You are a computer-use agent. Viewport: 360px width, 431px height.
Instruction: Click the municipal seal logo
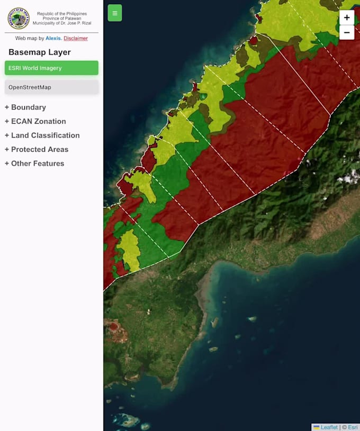click(x=19, y=19)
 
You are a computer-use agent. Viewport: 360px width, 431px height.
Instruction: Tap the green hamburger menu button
click(x=115, y=13)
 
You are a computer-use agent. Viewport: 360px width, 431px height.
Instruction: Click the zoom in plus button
click(x=347, y=17)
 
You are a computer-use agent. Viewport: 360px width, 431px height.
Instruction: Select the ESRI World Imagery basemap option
click(x=51, y=68)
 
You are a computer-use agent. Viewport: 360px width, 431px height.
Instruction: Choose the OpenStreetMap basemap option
click(x=51, y=87)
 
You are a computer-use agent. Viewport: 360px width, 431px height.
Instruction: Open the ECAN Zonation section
click(x=35, y=121)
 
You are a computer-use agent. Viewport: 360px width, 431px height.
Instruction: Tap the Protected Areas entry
click(x=37, y=150)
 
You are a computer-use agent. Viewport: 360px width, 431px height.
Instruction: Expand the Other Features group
click(x=34, y=163)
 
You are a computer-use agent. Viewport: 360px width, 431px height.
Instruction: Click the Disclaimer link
click(x=76, y=39)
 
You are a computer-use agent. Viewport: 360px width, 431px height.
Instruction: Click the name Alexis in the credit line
click(x=53, y=39)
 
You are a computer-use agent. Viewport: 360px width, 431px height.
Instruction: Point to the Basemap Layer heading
click(x=40, y=52)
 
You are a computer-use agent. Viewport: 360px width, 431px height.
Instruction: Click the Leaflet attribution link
click(x=329, y=427)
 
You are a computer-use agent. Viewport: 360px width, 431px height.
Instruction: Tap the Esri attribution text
click(x=353, y=427)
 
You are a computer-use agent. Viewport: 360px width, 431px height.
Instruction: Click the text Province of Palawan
click(x=62, y=19)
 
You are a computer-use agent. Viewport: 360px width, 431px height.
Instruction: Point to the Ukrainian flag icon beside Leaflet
click(x=316, y=427)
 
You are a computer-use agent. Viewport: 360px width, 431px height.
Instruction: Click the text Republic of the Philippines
click(x=62, y=14)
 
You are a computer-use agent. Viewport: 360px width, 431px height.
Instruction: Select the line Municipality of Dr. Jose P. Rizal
click(x=62, y=23)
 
